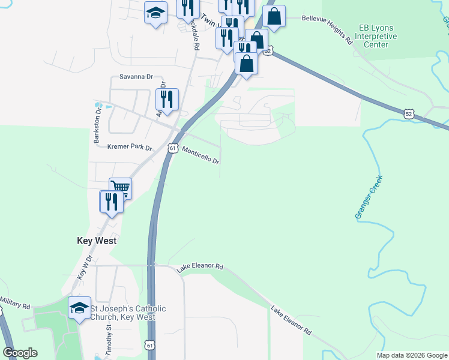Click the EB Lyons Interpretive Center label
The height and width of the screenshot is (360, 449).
click(378, 36)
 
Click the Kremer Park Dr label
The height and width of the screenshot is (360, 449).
click(130, 147)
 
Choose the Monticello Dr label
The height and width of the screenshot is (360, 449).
click(200, 157)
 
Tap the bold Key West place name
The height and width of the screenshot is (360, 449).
click(97, 241)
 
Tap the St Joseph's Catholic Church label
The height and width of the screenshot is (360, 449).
click(128, 313)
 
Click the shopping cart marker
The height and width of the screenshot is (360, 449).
click(120, 188)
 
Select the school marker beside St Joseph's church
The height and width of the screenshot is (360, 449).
click(79, 308)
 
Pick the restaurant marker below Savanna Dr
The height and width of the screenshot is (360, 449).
click(167, 99)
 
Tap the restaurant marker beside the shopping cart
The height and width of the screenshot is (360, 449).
click(111, 201)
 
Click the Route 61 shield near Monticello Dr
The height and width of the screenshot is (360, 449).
click(173, 148)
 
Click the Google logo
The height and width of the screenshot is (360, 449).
click(20, 353)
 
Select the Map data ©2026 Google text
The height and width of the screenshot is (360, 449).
click(412, 355)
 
